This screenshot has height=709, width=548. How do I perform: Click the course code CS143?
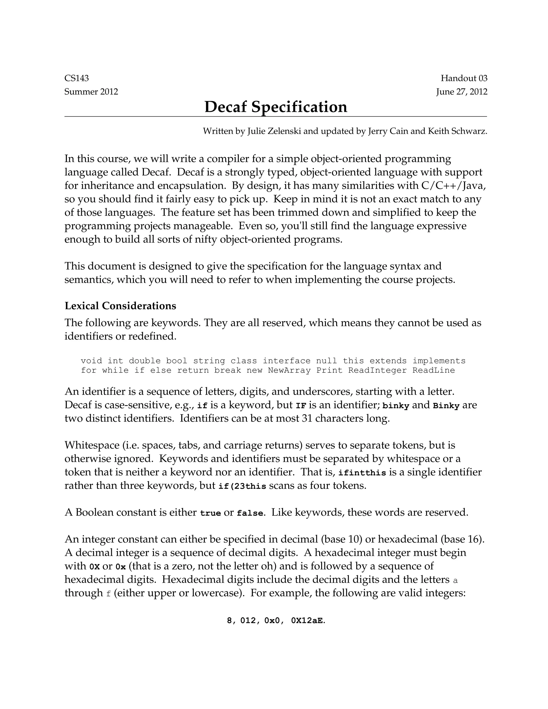pyautogui.click(x=77, y=78)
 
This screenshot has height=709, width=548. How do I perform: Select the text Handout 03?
pyautogui.click(x=464, y=78)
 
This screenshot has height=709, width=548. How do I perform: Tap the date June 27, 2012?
pyautogui.click(x=462, y=92)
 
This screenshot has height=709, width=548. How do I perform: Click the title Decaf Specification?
pyautogui.click(x=276, y=107)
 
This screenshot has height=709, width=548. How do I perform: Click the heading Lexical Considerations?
pyautogui.click(x=120, y=306)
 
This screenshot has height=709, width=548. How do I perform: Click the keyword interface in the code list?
pyautogui.click(x=287, y=361)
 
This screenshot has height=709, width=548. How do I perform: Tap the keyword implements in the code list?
pyautogui.click(x=439, y=361)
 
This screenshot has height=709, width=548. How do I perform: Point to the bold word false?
pyautogui.click(x=250, y=513)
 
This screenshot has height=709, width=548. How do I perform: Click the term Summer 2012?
pyautogui.click(x=91, y=92)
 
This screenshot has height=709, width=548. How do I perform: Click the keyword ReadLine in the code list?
pyautogui.click(x=434, y=370)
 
